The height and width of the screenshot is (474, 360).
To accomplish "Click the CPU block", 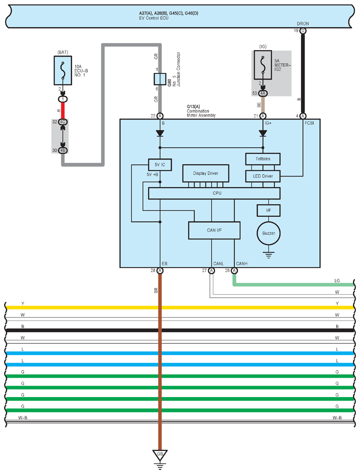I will click(214, 193).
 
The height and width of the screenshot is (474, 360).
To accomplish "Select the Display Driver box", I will click(206, 173).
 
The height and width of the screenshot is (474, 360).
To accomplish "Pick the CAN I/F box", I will click(214, 230).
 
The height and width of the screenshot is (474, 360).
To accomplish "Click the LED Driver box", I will click(262, 176).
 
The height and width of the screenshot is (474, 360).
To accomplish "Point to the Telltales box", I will click(262, 158).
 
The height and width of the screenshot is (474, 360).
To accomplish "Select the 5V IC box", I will click(160, 164).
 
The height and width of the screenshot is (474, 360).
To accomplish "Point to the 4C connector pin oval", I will click(63, 121).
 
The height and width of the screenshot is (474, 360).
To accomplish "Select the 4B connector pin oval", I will click(63, 150).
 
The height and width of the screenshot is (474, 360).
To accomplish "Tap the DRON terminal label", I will click(303, 24).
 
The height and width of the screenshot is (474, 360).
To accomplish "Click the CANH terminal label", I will click(242, 264).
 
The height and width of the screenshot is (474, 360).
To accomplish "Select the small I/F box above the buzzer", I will click(268, 211).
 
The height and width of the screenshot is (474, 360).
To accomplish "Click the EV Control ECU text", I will click(154, 18).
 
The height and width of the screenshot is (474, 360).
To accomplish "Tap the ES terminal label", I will click(165, 264).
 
